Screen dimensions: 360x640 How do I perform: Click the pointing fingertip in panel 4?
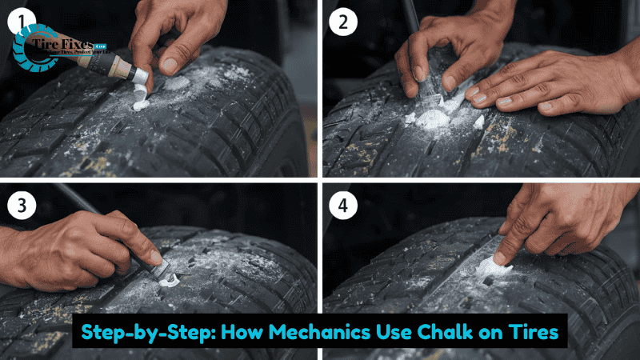tap(499, 257)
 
